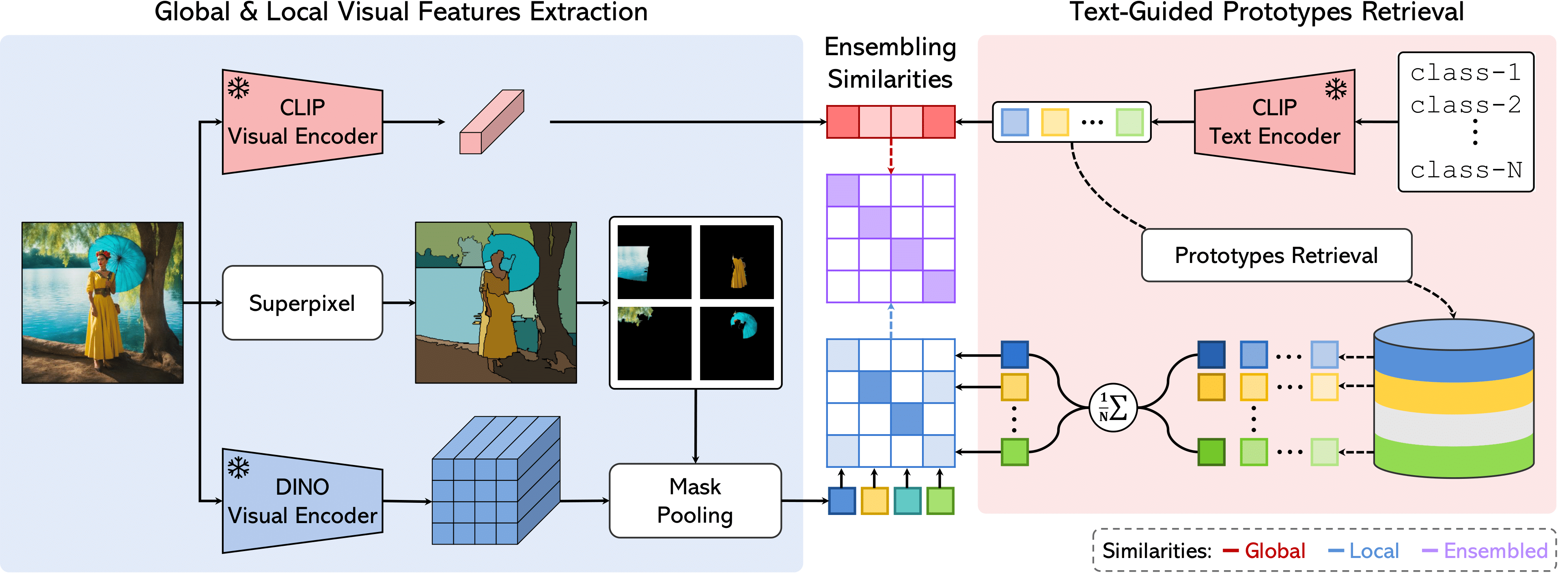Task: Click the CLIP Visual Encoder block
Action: click(x=302, y=122)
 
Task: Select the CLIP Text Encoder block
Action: click(x=1274, y=122)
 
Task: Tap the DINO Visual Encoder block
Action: click(x=302, y=501)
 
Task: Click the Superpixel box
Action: click(x=302, y=303)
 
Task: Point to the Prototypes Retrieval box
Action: click(x=1276, y=255)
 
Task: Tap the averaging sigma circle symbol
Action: click(x=1113, y=408)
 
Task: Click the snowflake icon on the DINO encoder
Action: click(x=238, y=467)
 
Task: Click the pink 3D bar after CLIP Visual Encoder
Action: click(x=491, y=122)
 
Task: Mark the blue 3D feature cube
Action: click(x=496, y=481)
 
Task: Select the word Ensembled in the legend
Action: click(x=1495, y=551)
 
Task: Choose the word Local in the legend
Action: click(x=1374, y=551)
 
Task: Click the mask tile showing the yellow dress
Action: click(x=737, y=262)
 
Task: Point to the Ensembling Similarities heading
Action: click(x=890, y=63)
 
